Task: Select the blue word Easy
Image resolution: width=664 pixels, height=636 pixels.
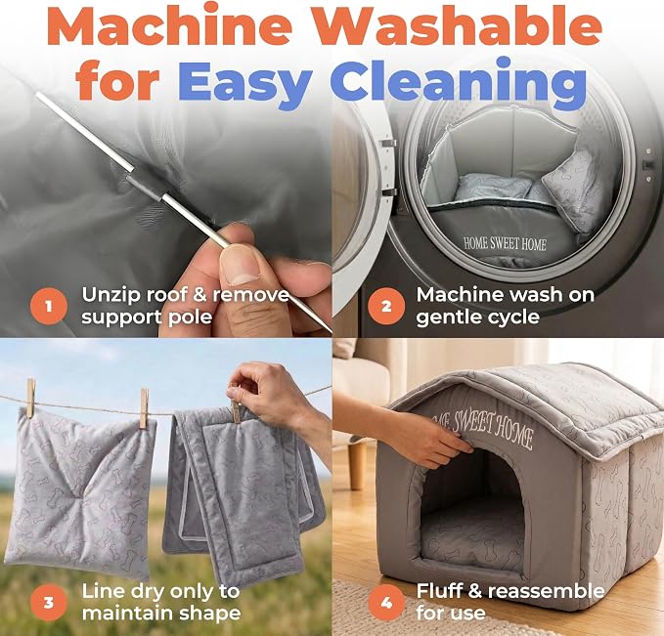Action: (245, 82)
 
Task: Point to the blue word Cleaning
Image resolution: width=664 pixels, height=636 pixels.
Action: (463, 82)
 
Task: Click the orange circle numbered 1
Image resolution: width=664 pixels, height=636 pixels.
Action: (49, 306)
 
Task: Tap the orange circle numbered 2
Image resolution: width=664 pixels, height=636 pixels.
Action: (386, 306)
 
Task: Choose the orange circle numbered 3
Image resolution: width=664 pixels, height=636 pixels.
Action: (49, 602)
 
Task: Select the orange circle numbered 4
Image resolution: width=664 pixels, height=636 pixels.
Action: (386, 602)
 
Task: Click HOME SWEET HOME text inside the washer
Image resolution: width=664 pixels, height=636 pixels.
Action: (505, 243)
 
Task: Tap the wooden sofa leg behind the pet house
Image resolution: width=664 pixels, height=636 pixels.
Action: (358, 466)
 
